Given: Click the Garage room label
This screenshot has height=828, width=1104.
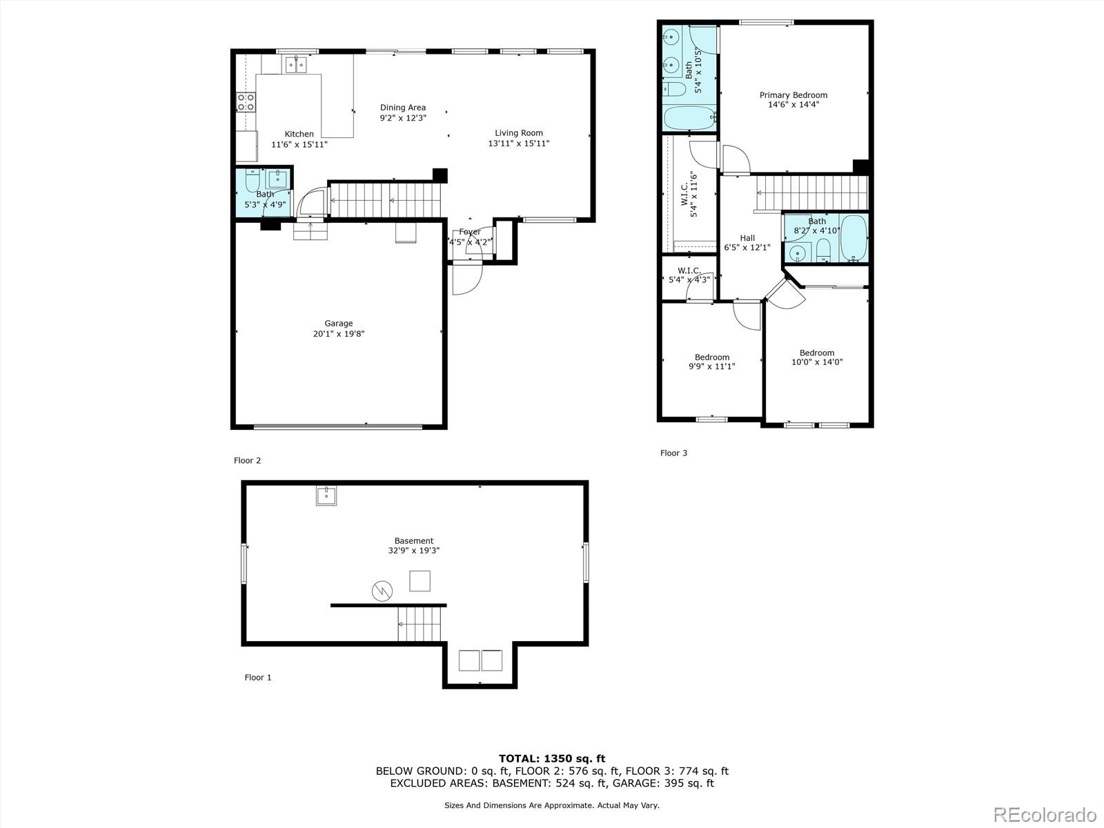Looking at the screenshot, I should (338, 324).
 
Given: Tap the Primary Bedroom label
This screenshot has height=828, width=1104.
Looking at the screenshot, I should (793, 95).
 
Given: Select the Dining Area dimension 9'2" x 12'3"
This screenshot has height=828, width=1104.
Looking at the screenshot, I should (403, 118).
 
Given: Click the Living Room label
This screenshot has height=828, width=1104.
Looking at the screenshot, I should (518, 133).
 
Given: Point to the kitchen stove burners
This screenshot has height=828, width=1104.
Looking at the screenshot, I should (246, 103).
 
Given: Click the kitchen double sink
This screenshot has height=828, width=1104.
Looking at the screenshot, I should (296, 65).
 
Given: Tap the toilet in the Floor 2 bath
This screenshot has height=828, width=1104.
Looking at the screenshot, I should (252, 181).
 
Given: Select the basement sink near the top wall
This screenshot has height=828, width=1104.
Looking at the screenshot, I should (326, 496).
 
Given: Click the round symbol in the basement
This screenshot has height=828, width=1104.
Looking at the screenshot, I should (382, 591).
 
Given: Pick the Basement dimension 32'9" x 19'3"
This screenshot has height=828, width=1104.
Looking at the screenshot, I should (414, 551).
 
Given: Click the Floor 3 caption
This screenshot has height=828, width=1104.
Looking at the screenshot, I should (673, 453).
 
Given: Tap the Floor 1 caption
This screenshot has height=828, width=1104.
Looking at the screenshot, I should (258, 678).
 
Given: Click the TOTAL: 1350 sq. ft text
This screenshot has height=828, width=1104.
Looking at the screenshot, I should (552, 758).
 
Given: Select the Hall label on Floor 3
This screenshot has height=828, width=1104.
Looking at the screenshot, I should (747, 238).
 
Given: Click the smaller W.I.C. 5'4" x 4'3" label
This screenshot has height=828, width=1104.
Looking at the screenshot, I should (689, 275).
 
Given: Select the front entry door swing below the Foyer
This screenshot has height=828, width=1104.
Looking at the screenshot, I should (466, 279).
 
